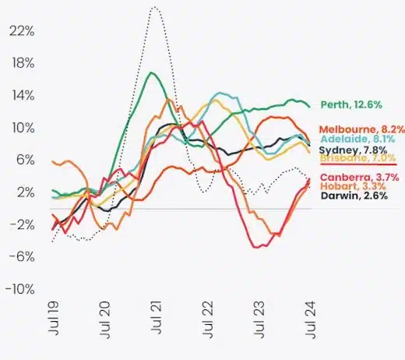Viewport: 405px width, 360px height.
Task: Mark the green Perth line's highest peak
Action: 151,72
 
